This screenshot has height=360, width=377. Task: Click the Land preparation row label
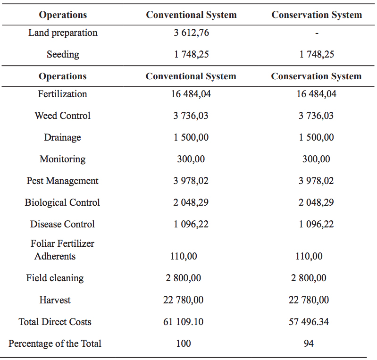(63, 33)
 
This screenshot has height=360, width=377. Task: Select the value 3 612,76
(191, 33)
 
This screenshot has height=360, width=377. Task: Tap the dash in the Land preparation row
(317, 33)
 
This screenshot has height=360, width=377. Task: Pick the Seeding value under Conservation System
(317, 54)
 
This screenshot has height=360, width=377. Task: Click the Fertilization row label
(63, 94)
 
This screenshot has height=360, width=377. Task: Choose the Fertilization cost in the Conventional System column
(191, 94)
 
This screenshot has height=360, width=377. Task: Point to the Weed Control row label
(63, 116)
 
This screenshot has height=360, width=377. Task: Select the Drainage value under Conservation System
(316, 137)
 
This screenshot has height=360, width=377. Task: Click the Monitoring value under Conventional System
(191, 159)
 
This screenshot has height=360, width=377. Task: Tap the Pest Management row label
(63, 181)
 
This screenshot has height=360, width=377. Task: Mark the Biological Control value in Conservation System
(316, 202)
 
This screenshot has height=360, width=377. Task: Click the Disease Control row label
(63, 224)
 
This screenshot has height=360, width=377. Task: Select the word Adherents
(55, 256)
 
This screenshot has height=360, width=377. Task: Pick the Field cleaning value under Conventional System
(184, 278)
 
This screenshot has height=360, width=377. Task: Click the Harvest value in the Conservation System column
(309, 300)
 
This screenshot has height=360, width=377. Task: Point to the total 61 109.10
(184, 322)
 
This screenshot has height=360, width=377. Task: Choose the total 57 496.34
(309, 322)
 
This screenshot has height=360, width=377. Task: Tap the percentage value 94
(309, 343)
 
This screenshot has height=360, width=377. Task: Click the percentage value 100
(184, 343)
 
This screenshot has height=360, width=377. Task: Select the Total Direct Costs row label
(55, 322)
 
